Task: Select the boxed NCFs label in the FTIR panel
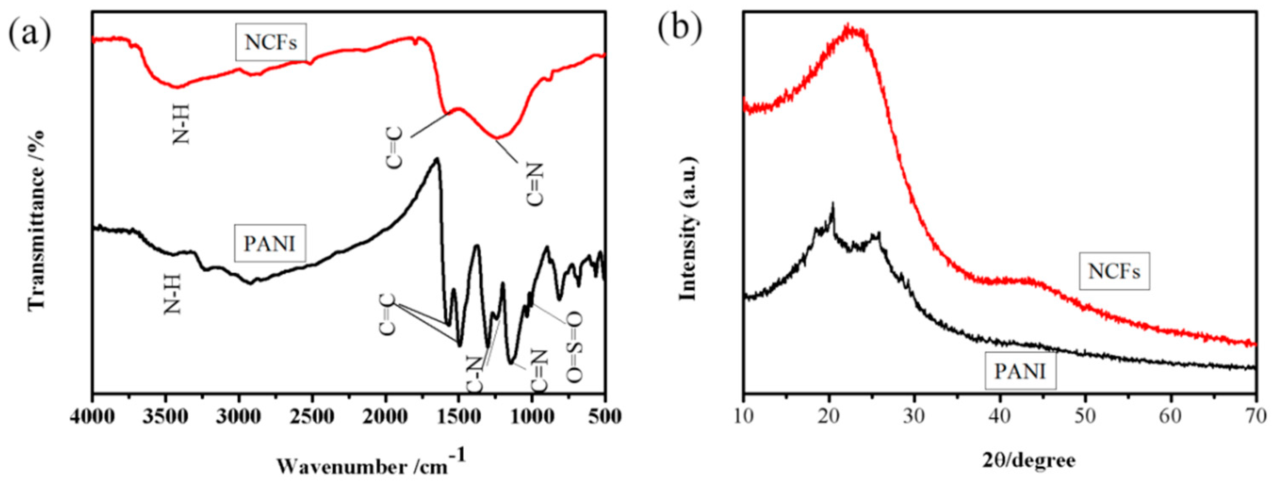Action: coord(271,43)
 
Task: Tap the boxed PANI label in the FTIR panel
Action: coord(270,244)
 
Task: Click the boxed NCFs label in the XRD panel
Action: coord(1114,271)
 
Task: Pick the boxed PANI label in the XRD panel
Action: coord(1020,371)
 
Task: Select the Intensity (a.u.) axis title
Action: coord(688,228)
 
